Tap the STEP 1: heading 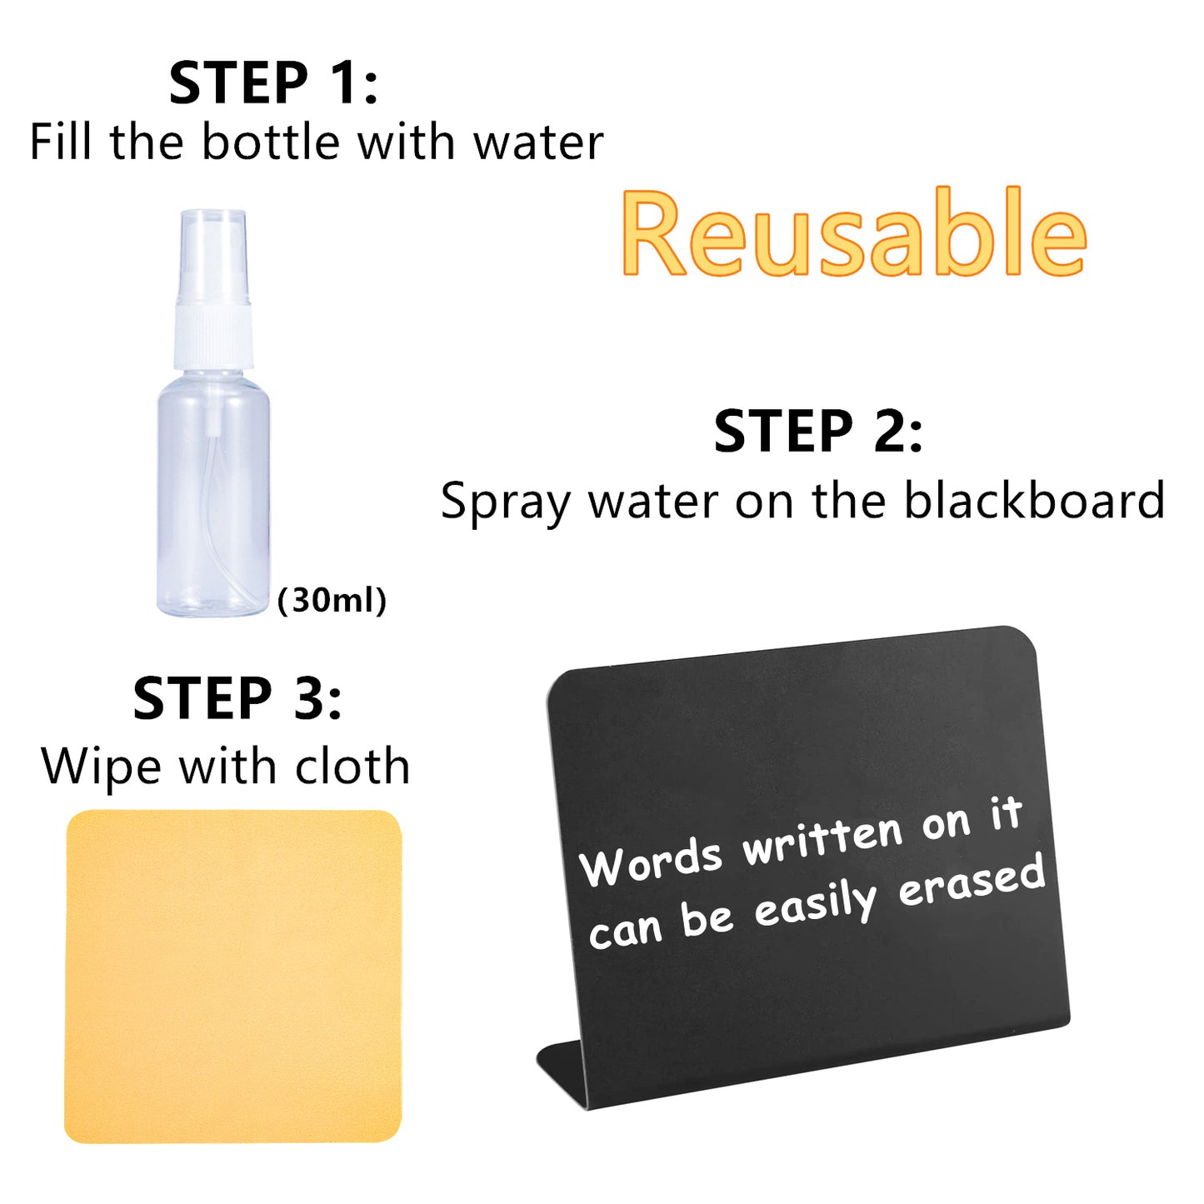click(273, 82)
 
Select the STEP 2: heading click(818, 431)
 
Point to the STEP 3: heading click(237, 698)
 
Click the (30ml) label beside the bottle click(332, 601)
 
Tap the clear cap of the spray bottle click(213, 256)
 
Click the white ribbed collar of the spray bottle click(212, 335)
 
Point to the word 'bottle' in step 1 click(271, 142)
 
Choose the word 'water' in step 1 click(538, 143)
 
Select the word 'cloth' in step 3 click(352, 765)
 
